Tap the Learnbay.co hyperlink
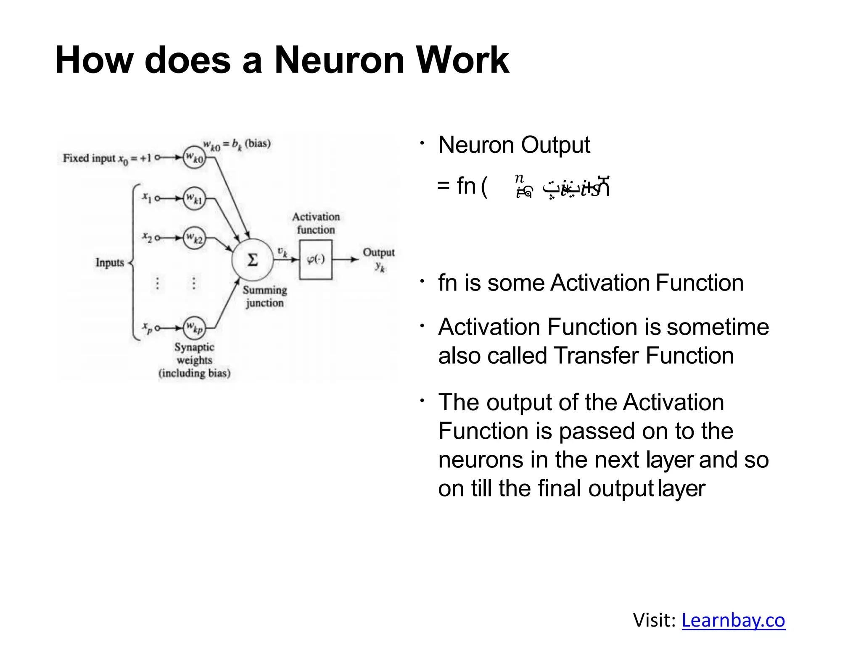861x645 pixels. tap(733, 620)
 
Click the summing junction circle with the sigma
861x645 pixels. tap(252, 260)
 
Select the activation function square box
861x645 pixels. tap(316, 260)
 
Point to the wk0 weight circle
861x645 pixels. tap(194, 157)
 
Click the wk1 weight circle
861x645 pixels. tap(194, 198)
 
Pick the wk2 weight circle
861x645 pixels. tap(194, 238)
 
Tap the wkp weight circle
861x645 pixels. tap(194, 328)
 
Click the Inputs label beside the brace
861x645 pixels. tap(110, 263)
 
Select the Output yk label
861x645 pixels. tap(379, 259)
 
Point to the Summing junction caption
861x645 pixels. tap(264, 296)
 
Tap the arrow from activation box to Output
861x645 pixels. tap(345, 260)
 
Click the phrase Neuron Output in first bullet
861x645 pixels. tap(514, 145)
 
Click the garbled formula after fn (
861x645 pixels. tap(562, 187)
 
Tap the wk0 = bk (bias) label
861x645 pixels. tap(237, 144)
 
